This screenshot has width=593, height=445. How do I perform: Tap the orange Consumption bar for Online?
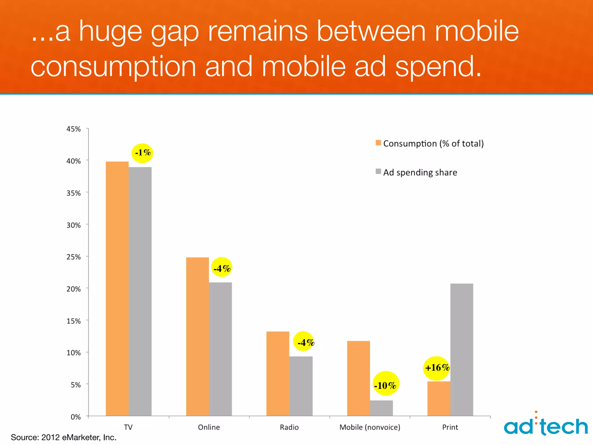197,336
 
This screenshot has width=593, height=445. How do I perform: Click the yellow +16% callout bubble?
437,368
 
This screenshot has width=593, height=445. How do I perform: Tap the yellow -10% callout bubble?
385,384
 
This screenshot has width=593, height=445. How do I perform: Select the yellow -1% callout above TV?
142,153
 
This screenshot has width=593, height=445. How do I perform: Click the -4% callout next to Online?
222,267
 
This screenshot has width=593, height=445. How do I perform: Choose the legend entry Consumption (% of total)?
430,143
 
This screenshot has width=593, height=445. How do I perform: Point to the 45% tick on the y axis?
74,129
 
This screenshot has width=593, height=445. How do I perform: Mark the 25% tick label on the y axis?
74,257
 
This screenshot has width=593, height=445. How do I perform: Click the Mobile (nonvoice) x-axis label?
370,427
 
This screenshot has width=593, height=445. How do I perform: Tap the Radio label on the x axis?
289,427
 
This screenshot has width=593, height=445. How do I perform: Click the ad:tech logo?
546,425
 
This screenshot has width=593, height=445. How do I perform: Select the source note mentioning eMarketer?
64,437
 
